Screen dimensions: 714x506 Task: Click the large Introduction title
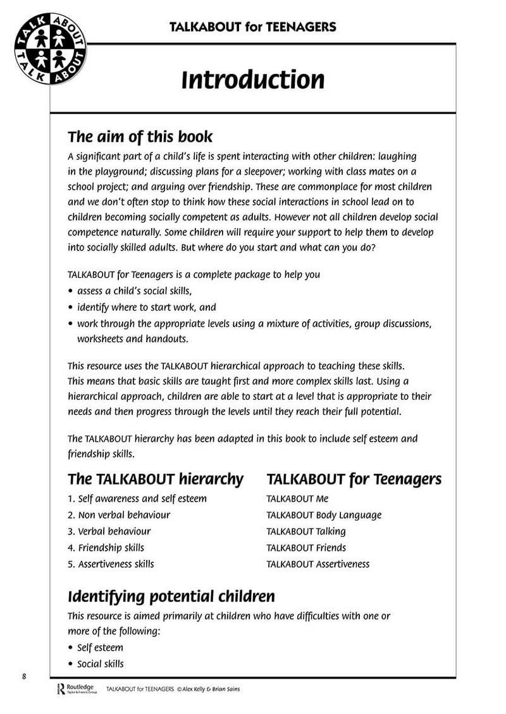pyautogui.click(x=253, y=80)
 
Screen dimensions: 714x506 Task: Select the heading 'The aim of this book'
pyautogui.click(x=140, y=137)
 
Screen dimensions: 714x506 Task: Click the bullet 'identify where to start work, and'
pyautogui.click(x=147, y=307)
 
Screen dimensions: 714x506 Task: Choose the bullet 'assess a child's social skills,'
pyautogui.click(x=134, y=291)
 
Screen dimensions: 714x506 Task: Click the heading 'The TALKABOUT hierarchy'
pyautogui.click(x=156, y=479)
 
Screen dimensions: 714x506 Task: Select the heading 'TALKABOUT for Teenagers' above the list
pyautogui.click(x=354, y=479)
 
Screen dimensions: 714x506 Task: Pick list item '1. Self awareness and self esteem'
pyautogui.click(x=137, y=498)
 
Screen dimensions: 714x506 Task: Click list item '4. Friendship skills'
pyautogui.click(x=106, y=548)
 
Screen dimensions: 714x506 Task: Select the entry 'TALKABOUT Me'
pyautogui.click(x=297, y=498)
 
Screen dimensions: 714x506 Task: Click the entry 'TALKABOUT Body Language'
pyautogui.click(x=324, y=515)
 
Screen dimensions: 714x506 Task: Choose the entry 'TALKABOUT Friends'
pyautogui.click(x=306, y=548)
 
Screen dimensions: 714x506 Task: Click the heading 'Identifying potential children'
pyautogui.click(x=171, y=596)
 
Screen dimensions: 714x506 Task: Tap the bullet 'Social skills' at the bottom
pyautogui.click(x=101, y=664)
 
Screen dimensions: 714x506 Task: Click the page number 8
pyautogui.click(x=23, y=676)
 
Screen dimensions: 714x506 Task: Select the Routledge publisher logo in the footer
pyautogui.click(x=75, y=689)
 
